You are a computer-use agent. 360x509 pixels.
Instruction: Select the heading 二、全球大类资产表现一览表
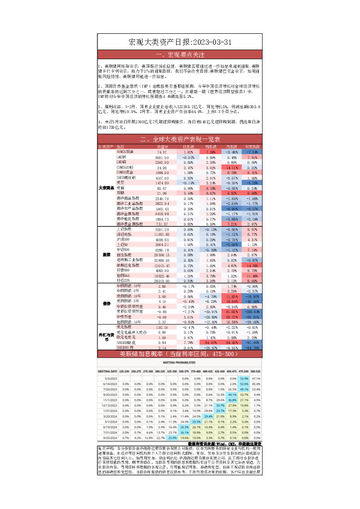pos(180,140)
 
